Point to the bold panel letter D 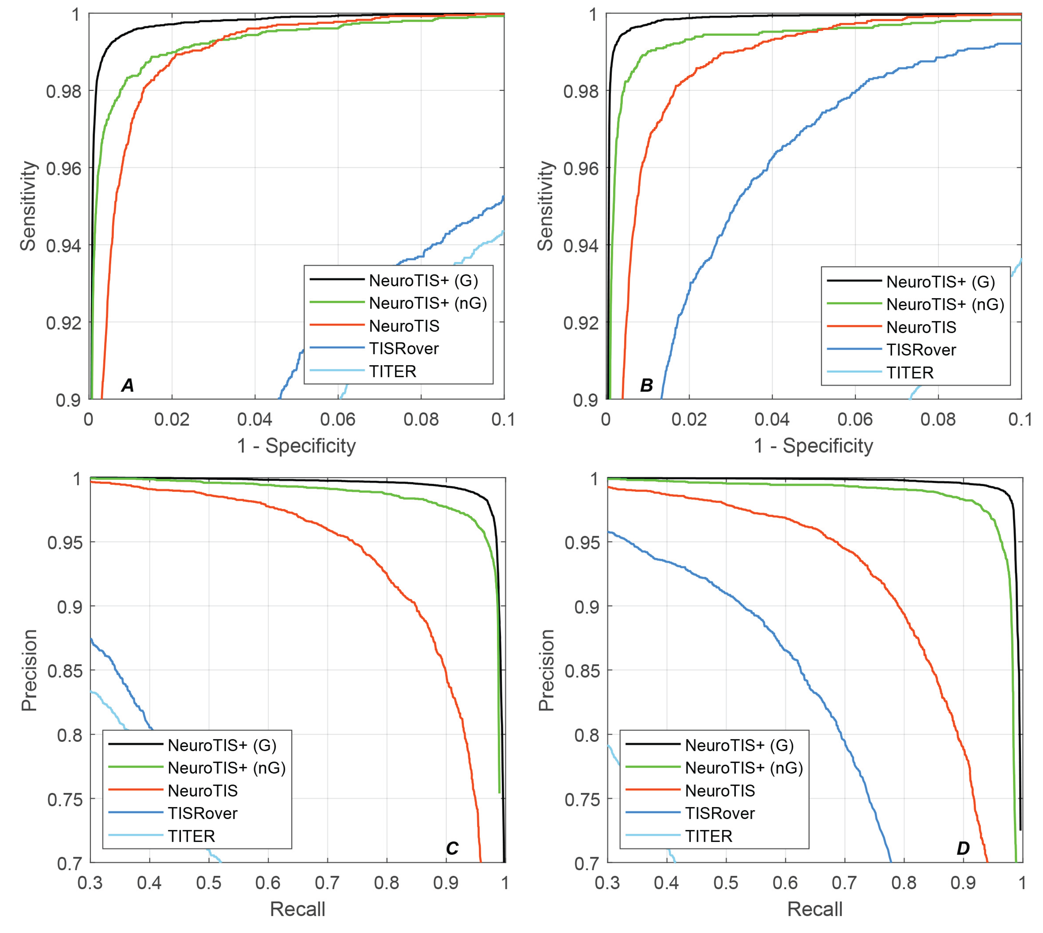pyautogui.click(x=963, y=848)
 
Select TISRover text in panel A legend pyautogui.click(x=404, y=349)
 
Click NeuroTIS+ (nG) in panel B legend pyautogui.click(x=945, y=305)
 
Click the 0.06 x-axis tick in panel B pyautogui.click(x=855, y=419)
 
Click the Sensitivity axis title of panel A pyautogui.click(x=28, y=206)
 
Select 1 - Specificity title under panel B pyautogui.click(x=813, y=446)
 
